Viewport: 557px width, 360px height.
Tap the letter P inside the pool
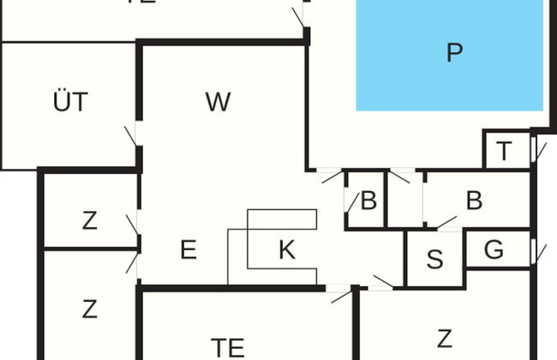(454, 53)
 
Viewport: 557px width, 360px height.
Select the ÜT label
(70, 103)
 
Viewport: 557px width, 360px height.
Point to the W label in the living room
(219, 102)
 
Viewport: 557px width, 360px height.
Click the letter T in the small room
(505, 152)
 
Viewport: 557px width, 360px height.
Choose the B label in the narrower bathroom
(368, 202)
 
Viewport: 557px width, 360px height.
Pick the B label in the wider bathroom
(474, 201)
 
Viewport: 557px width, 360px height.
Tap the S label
(434, 260)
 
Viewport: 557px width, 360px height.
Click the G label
(493, 252)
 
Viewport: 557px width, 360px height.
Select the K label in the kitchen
(287, 251)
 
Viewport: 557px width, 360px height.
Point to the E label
(189, 250)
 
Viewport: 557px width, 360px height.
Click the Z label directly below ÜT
(90, 221)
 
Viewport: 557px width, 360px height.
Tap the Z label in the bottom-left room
(90, 309)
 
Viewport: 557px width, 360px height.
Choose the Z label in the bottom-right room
(444, 338)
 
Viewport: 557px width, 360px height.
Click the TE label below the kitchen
(228, 348)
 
